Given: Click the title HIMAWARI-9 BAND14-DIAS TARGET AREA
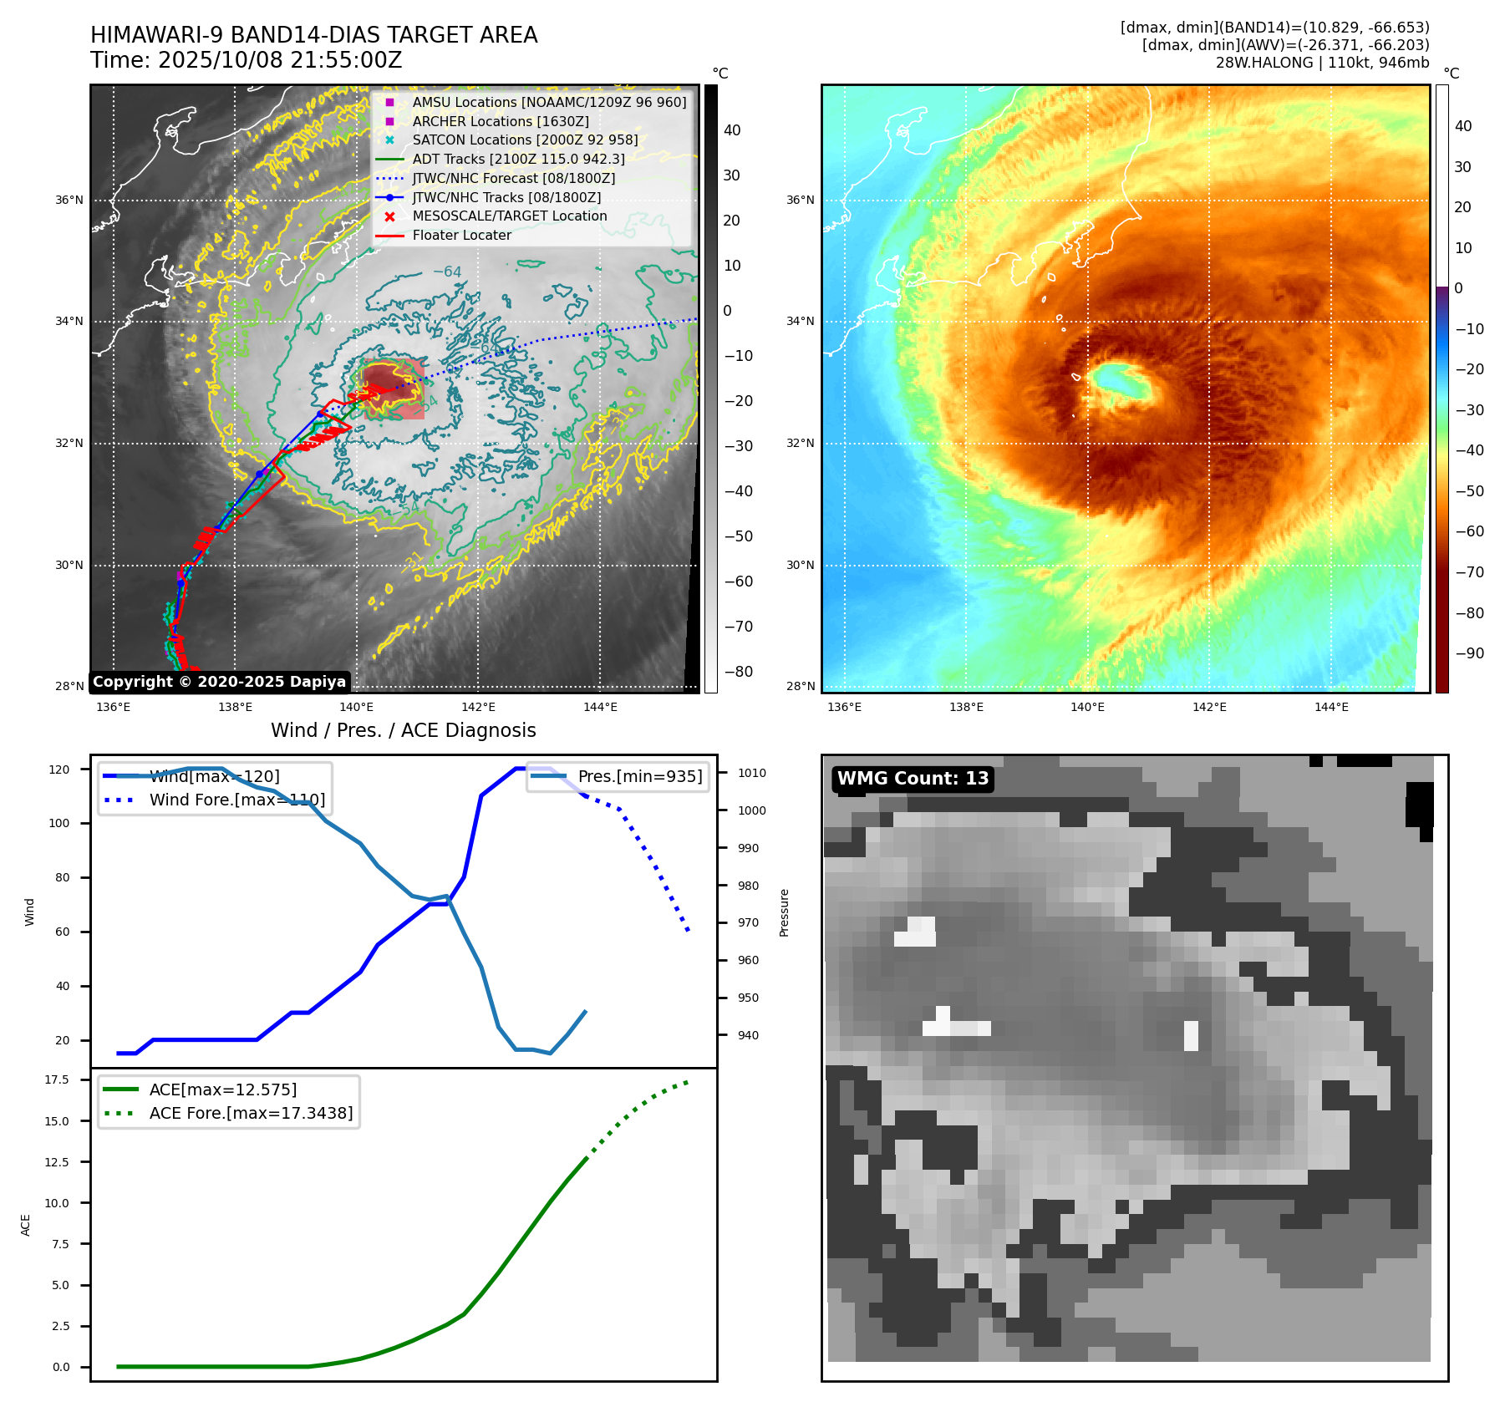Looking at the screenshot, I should [x=313, y=35].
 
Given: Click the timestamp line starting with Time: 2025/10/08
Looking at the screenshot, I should [x=246, y=61].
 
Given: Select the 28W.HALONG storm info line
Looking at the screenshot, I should [x=1322, y=63].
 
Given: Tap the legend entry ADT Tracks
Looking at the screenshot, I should [x=518, y=159].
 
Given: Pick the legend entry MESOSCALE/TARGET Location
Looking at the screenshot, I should [x=509, y=216].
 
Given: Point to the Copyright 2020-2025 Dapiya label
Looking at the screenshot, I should [x=219, y=682].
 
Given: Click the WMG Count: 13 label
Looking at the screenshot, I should [x=913, y=779].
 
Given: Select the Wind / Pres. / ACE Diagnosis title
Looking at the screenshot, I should [x=403, y=730].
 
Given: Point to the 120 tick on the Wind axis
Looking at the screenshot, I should [x=59, y=769].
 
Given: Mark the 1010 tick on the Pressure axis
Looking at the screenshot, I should [x=751, y=773].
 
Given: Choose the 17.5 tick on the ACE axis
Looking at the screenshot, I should [x=57, y=1079].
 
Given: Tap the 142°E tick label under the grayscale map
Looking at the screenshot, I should [x=479, y=707].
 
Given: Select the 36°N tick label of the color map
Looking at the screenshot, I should [x=800, y=200].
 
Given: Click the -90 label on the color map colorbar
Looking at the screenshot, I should [x=1469, y=653].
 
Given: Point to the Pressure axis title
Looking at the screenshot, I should [x=785, y=912].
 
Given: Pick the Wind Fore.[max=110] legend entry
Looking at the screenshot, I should [x=237, y=800].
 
